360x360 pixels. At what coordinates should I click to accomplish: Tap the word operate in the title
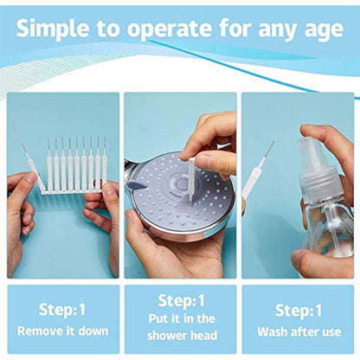(170, 29)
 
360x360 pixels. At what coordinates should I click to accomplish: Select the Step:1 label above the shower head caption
(180, 301)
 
